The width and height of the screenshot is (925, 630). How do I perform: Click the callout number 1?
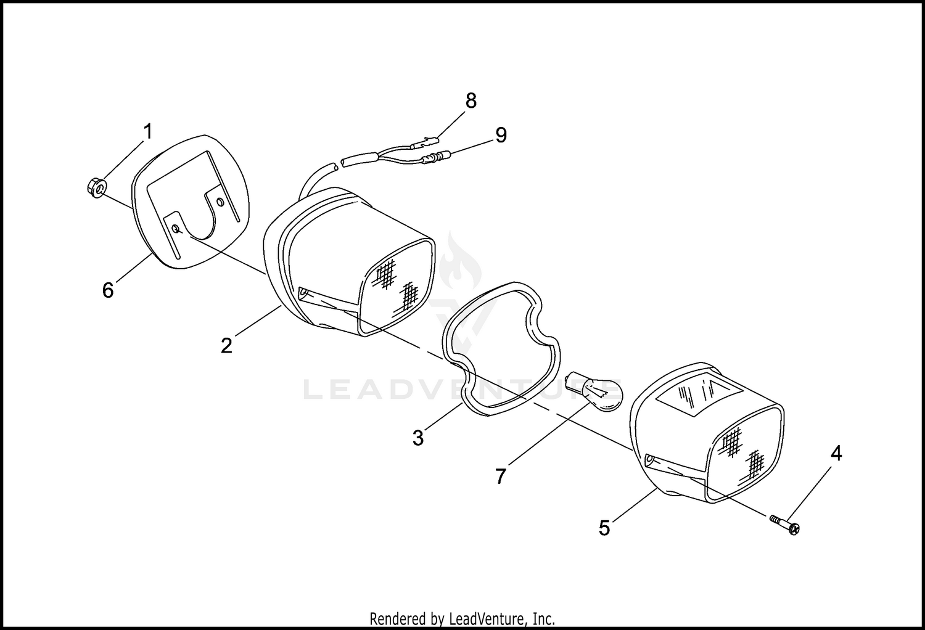pyautogui.click(x=148, y=131)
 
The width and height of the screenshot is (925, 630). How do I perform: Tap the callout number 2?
pyautogui.click(x=227, y=346)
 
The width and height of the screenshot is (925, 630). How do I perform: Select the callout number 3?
pyautogui.click(x=418, y=438)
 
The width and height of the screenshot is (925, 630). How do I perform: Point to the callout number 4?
pyautogui.click(x=836, y=454)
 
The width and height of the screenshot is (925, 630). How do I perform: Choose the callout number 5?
pyautogui.click(x=604, y=528)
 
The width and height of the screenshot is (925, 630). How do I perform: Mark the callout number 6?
pyautogui.click(x=108, y=290)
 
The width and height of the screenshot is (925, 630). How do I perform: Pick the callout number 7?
pyautogui.click(x=501, y=477)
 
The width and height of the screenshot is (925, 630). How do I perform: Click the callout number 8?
pyautogui.click(x=471, y=100)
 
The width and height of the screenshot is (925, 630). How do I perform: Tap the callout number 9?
pyautogui.click(x=501, y=135)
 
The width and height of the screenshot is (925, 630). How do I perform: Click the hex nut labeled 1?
pyautogui.click(x=96, y=188)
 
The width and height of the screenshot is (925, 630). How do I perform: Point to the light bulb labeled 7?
pyautogui.click(x=594, y=391)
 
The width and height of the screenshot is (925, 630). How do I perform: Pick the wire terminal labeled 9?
pyautogui.click(x=435, y=157)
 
